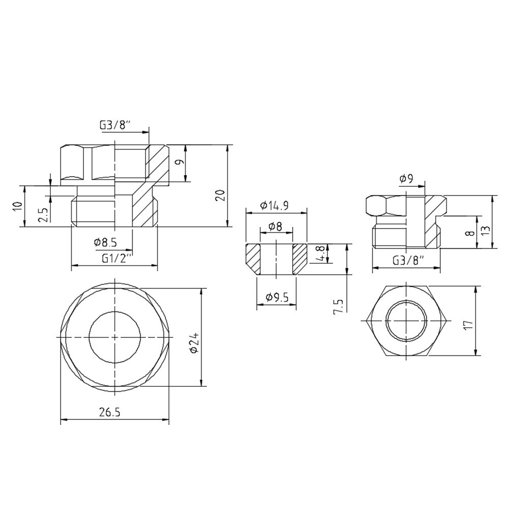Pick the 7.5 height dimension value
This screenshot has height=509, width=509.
click(338, 306)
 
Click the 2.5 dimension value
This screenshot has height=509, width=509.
click(44, 215)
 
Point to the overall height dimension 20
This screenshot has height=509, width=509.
click(219, 195)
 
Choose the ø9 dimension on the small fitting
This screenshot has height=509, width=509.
click(406, 179)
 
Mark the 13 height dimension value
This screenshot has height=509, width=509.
click(485, 230)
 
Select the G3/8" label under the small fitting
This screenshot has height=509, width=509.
click(409, 261)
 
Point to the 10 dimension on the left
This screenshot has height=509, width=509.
click(18, 206)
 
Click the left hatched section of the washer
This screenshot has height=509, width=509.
click(252, 258)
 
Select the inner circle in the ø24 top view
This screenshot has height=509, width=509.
click(115, 337)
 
